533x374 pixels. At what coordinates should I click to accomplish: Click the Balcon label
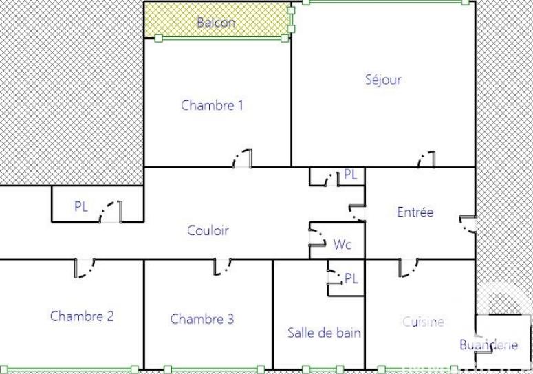(216, 22)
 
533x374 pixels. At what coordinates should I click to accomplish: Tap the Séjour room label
(383, 79)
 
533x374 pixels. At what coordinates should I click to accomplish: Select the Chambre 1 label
(212, 105)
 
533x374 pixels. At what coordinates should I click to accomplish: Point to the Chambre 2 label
(82, 316)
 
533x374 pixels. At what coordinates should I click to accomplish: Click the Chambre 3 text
(202, 318)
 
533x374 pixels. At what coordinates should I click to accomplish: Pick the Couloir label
(208, 230)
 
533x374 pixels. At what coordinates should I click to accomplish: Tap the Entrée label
(415, 212)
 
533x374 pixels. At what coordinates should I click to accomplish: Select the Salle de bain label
(325, 333)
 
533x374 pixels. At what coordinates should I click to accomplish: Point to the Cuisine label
(423, 321)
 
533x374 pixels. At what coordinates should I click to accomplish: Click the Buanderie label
(488, 345)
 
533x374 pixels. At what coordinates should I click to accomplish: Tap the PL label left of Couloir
(81, 206)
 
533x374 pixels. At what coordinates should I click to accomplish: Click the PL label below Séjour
(351, 175)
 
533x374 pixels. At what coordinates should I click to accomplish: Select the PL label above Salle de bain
(351, 278)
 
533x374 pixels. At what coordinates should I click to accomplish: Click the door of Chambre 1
(242, 159)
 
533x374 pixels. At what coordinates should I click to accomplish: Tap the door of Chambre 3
(222, 267)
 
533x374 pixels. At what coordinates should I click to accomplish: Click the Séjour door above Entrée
(427, 159)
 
